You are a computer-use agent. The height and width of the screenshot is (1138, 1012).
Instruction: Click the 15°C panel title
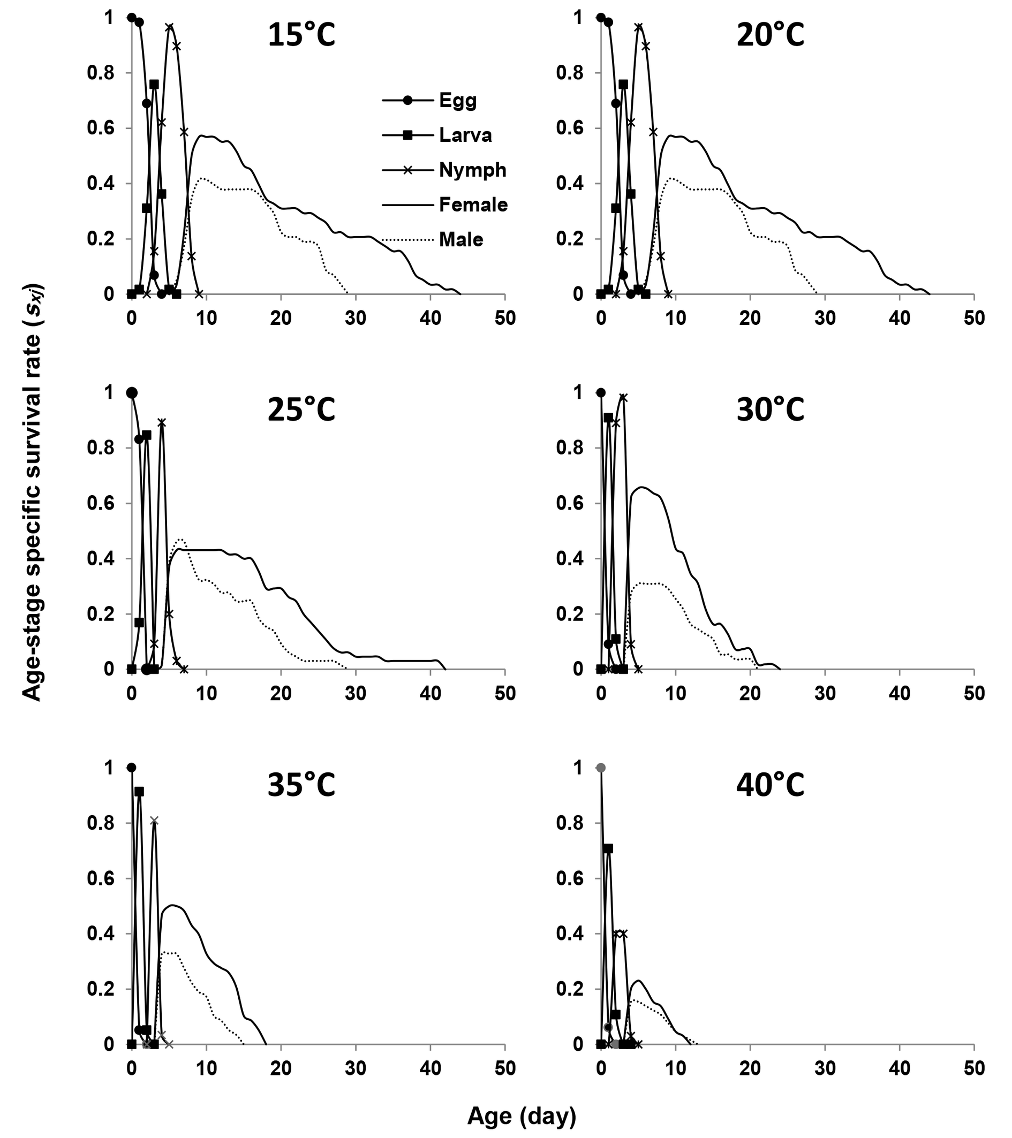[301, 36]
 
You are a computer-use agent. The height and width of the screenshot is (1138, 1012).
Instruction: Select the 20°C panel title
[771, 36]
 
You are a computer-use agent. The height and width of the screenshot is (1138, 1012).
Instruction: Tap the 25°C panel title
[301, 411]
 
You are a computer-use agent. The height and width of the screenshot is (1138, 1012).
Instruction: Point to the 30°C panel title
[771, 411]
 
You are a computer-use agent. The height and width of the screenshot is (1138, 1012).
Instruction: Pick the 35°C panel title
[301, 786]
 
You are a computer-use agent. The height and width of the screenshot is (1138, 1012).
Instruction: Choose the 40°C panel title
[771, 786]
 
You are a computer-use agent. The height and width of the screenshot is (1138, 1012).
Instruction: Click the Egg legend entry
[458, 101]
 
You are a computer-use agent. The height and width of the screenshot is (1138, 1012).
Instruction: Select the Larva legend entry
[465, 135]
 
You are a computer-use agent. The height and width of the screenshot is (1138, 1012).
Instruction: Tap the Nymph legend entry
[472, 170]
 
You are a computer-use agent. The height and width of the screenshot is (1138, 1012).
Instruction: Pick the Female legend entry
[473, 205]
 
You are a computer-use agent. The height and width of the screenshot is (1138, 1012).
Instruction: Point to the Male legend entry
[460, 240]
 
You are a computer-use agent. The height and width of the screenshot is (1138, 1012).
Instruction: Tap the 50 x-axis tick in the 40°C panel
[973, 1068]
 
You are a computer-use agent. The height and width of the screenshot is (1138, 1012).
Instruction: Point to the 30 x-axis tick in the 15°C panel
[356, 318]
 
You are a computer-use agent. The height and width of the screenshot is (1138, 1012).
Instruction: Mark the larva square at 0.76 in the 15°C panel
[154, 84]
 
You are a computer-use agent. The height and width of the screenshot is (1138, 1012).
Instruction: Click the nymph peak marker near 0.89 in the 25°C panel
[162, 422]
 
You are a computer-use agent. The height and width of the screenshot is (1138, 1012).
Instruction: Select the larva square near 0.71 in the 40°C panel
[608, 848]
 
